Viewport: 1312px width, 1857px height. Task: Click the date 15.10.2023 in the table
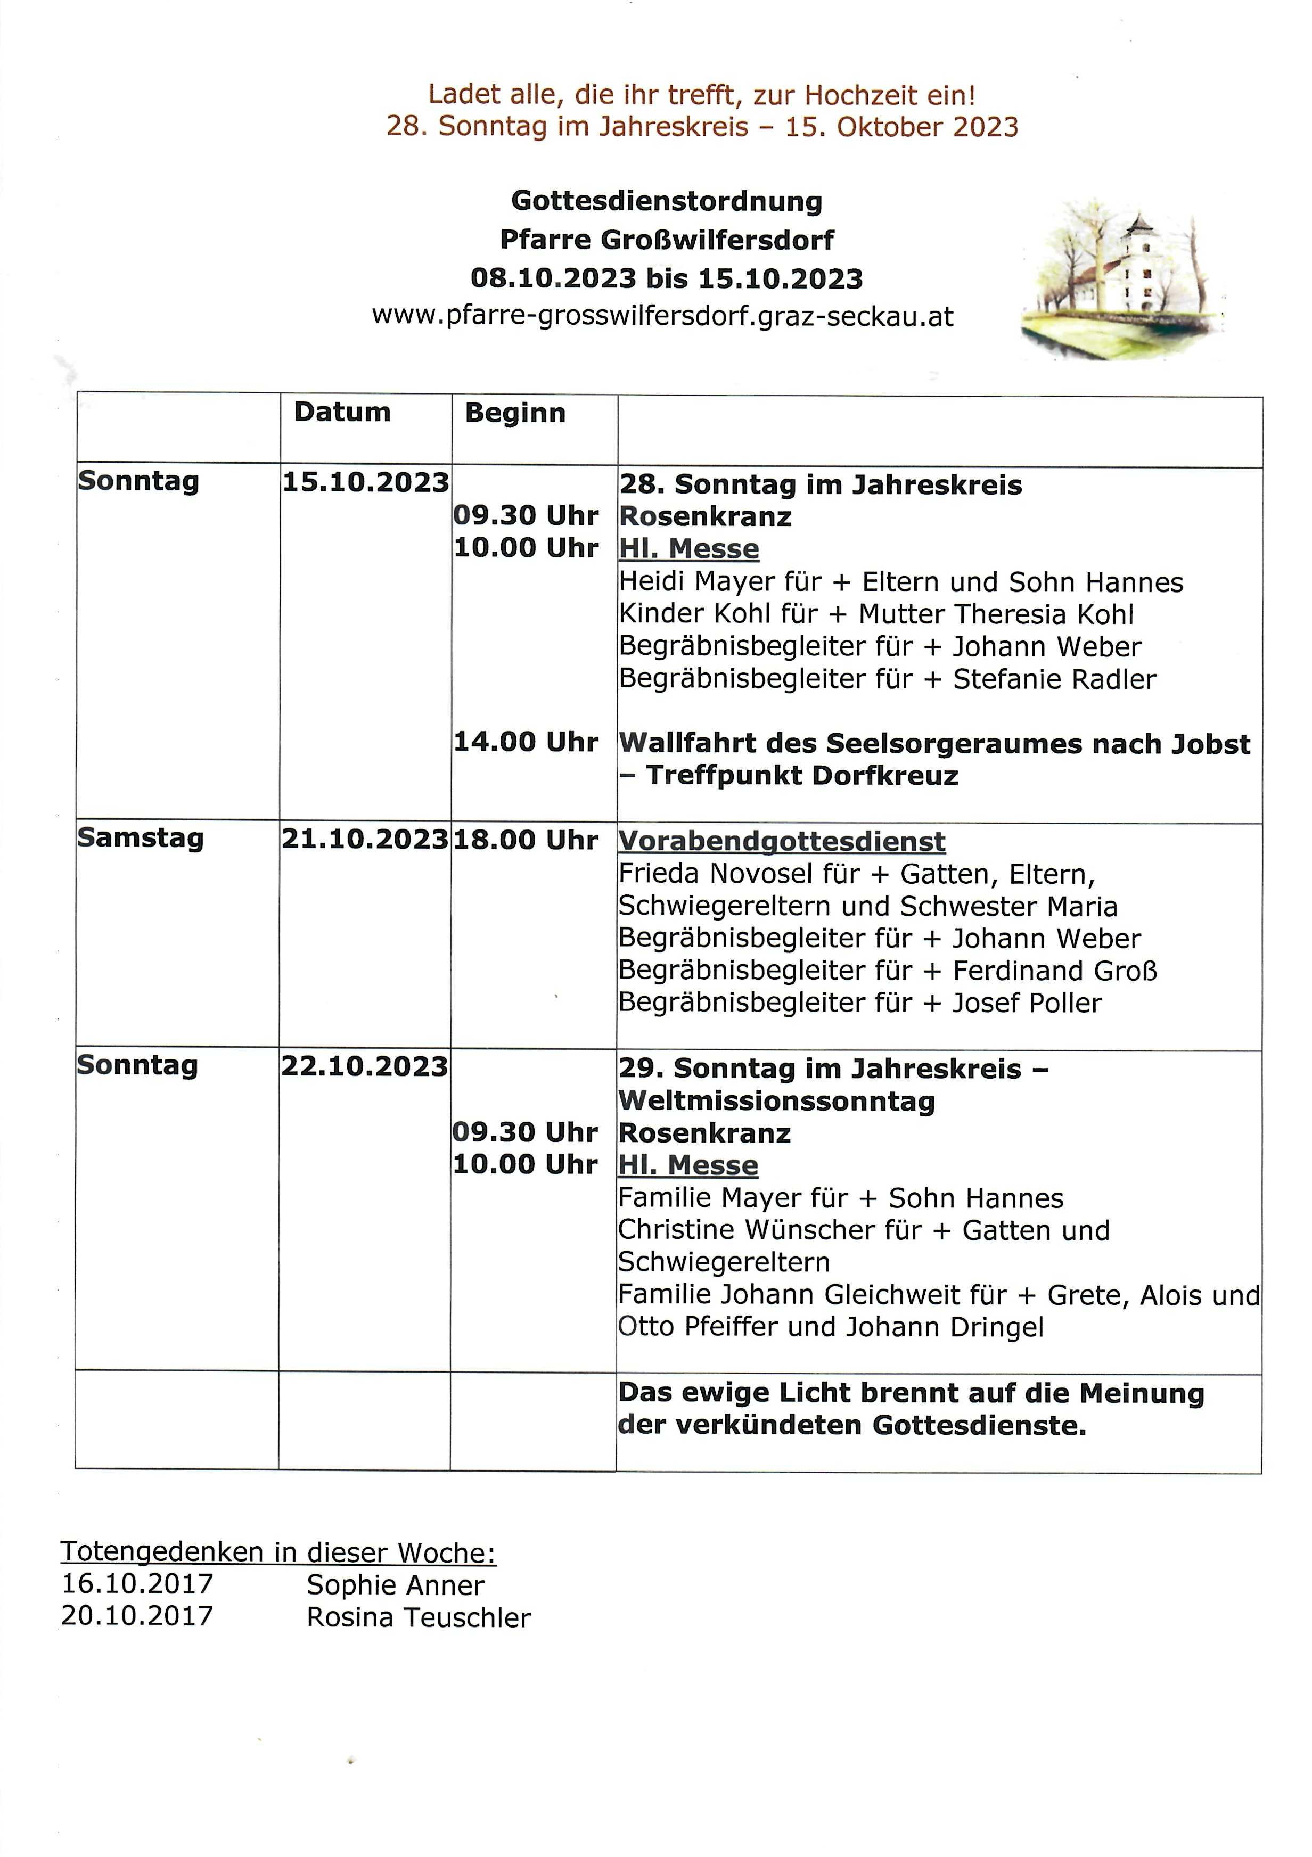coord(365,482)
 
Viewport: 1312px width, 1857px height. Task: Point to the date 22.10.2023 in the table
coord(364,1066)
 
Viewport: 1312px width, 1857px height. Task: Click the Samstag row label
coord(140,838)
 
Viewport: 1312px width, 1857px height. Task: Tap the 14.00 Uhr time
coord(526,742)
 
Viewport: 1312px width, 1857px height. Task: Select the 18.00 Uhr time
coord(526,840)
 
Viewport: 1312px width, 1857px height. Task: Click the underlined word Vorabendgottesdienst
coord(781,841)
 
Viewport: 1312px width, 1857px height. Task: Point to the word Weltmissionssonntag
coord(776,1101)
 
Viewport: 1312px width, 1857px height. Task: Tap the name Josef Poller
coord(1027,1003)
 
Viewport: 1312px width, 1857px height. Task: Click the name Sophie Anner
coord(395,1585)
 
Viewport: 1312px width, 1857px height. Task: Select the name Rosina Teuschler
coord(418,1617)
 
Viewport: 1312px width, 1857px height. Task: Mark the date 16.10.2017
coord(137,1584)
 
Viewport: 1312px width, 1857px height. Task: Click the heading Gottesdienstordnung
coord(667,201)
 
